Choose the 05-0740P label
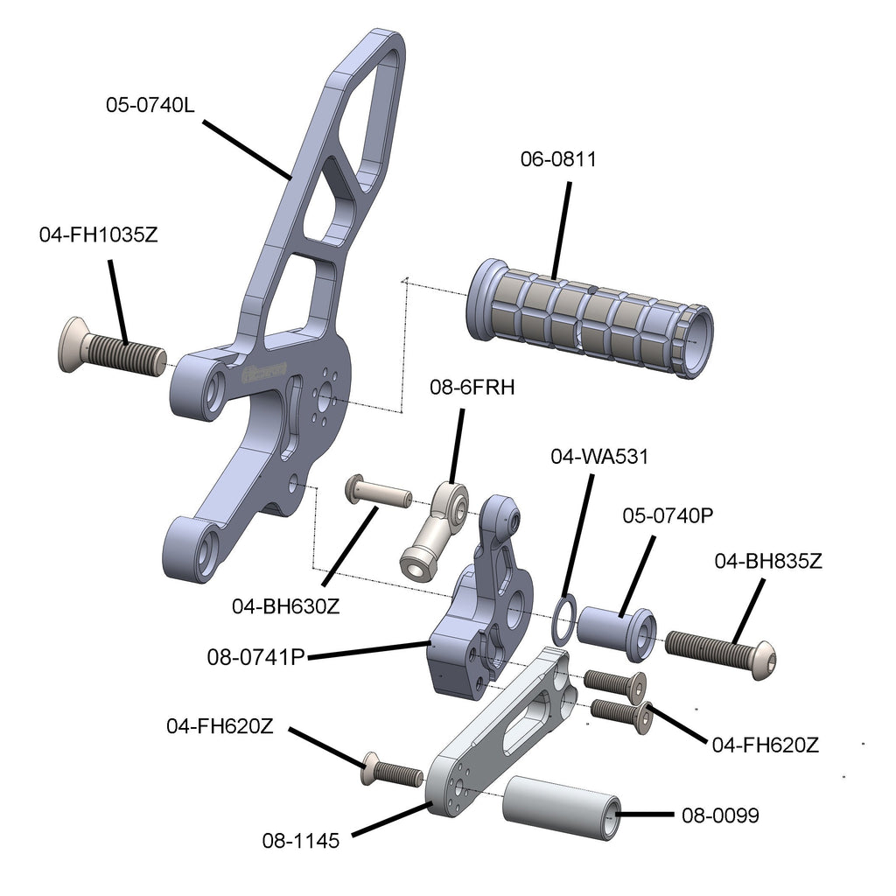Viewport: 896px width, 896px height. [x=668, y=515]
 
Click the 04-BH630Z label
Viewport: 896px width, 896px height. [x=285, y=605]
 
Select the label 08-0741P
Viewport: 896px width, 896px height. [x=255, y=655]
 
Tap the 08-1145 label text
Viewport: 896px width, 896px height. [x=300, y=841]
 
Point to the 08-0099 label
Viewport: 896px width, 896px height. [x=720, y=815]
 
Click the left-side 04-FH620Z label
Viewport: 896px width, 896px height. [x=220, y=725]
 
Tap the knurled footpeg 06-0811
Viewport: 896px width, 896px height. [x=591, y=313]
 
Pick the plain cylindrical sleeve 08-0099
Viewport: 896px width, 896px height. [x=562, y=809]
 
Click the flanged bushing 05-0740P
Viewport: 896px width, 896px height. [x=617, y=629]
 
